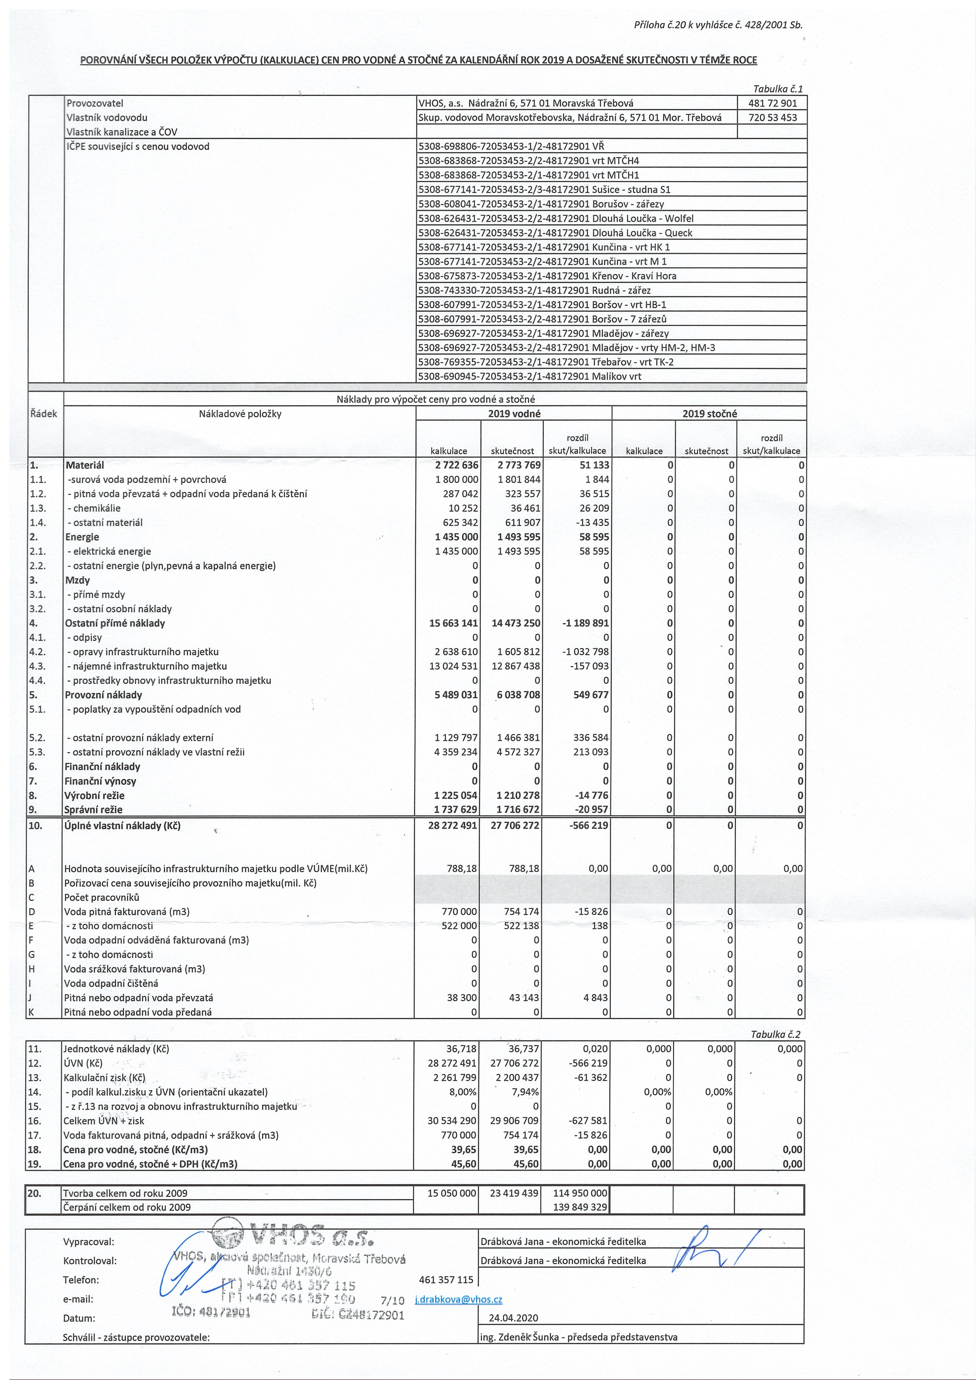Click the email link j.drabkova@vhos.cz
point(459,1299)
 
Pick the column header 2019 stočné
point(709,413)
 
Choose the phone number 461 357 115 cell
point(445,1280)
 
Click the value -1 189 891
point(585,623)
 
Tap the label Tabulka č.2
point(776,1034)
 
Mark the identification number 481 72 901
point(772,103)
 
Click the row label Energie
point(82,537)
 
